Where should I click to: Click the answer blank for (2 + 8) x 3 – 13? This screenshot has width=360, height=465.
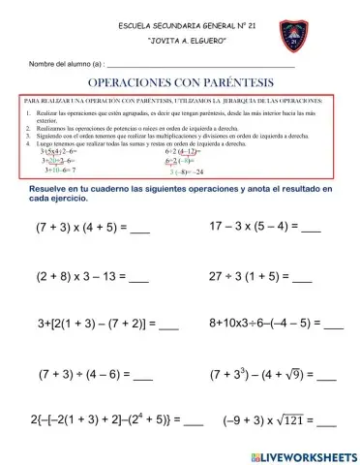tap(138, 279)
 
